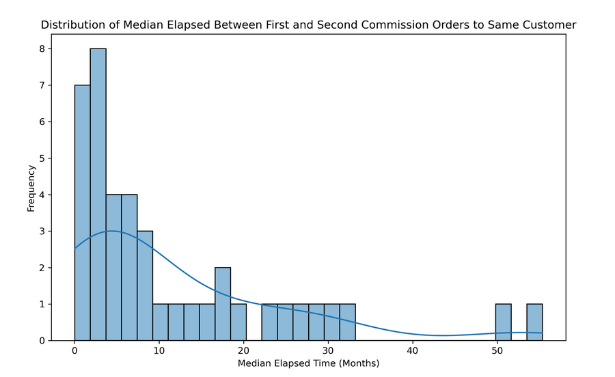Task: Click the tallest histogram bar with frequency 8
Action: point(98,195)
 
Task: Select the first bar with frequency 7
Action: point(82,212)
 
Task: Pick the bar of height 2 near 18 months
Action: point(223,304)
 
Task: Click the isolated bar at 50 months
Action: point(503,322)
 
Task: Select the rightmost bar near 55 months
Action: point(534,322)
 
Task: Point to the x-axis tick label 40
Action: point(412,352)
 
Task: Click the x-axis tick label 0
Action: point(74,352)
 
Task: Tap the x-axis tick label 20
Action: point(243,352)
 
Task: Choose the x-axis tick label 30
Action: point(327,352)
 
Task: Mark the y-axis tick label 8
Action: point(42,49)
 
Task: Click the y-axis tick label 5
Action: point(42,158)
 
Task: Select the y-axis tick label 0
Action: point(42,340)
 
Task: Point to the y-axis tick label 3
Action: point(42,232)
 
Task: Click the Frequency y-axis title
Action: point(31,187)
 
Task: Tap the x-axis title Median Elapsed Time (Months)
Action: point(308,364)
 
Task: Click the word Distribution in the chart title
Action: point(70,25)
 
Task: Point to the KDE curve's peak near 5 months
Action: point(113,231)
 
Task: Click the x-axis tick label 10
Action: point(159,352)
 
